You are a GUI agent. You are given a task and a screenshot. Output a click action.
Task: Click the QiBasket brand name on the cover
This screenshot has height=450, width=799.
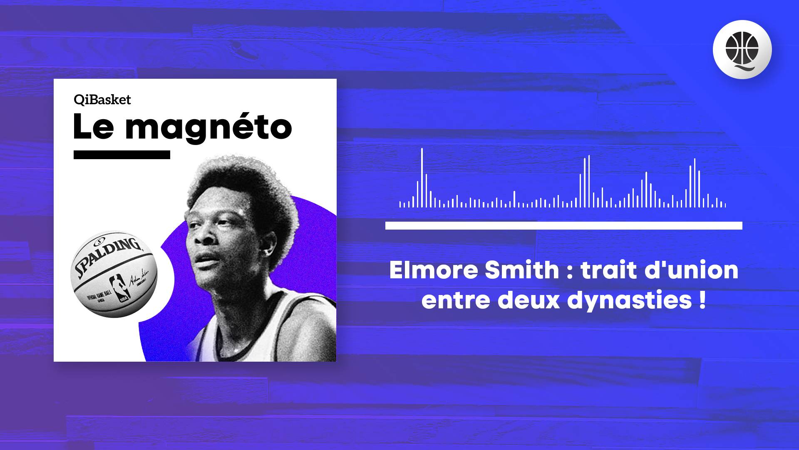pos(102,100)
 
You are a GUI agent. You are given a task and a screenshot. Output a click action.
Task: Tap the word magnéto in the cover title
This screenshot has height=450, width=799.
pos(208,128)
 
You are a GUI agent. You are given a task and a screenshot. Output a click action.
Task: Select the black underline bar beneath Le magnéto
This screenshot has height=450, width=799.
pos(122,155)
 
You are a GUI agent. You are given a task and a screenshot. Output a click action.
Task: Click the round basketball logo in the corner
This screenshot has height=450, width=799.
pos(742,50)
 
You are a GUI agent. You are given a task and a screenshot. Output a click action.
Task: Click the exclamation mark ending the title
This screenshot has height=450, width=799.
pos(702,300)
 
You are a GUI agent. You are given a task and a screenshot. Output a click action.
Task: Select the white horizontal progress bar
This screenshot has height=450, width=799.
pos(563,226)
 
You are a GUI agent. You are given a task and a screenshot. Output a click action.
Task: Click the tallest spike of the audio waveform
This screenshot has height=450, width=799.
pos(422,177)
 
